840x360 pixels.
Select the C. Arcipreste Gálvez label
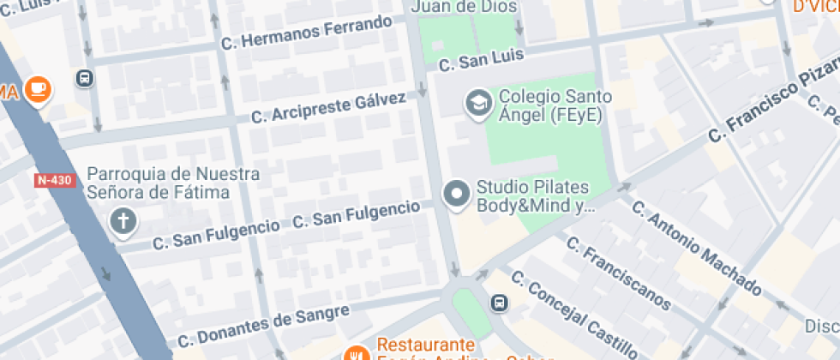tap(328, 108)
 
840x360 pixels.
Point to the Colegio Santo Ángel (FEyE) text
tap(550, 105)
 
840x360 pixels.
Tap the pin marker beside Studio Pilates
tap(456, 194)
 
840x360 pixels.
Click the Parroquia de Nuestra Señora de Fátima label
tap(173, 183)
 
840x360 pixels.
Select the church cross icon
tap(123, 223)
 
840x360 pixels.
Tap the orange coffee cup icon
tap(38, 89)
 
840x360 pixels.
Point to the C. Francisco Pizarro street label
tap(771, 93)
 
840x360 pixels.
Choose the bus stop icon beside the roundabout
tap(499, 303)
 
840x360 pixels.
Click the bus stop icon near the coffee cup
tap(85, 78)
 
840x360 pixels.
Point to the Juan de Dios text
tap(465, 7)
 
